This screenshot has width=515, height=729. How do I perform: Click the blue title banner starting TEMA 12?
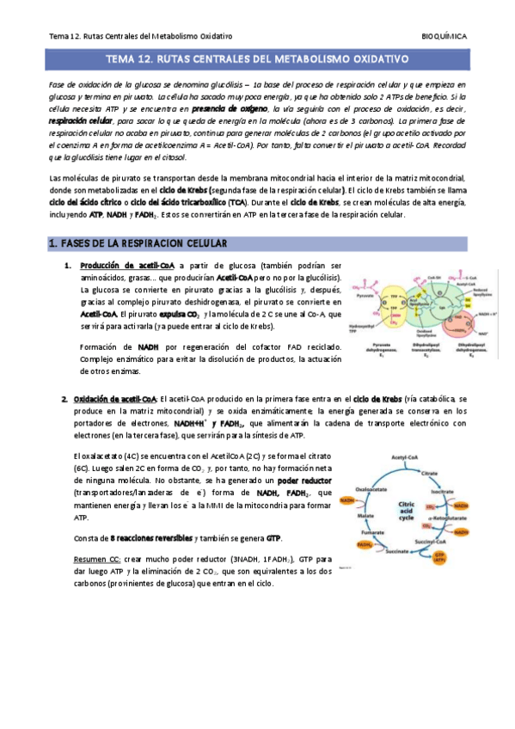257,61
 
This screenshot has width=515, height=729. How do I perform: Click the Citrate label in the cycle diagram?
441,475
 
